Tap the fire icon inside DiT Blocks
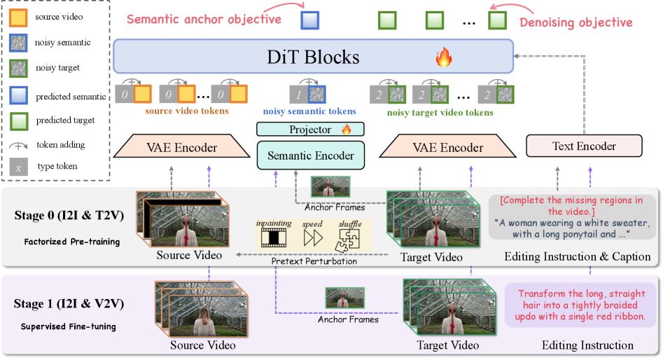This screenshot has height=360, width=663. pos(444,57)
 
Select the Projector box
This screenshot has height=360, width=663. pos(310,130)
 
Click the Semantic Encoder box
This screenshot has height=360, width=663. pos(311,155)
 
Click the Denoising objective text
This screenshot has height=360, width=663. pos(575,22)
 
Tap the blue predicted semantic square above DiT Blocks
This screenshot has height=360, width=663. pos(309,20)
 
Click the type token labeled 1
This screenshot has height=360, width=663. pos(300,93)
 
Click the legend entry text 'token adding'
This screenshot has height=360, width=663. pos(60,144)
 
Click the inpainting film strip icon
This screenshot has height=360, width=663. pos(273,237)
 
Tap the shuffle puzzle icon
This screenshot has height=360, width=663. pos(350,237)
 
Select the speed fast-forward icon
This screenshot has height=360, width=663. pos(312,237)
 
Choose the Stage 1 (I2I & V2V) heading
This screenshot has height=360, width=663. pos(69,304)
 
